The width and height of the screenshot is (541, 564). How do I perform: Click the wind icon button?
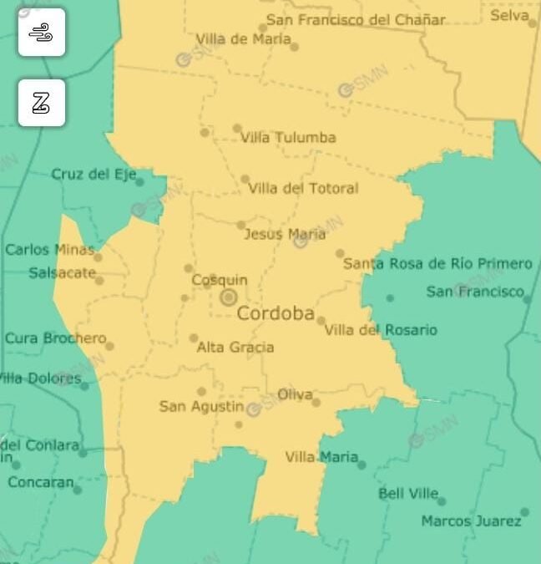coord(42,33)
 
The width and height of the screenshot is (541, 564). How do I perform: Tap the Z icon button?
coord(42,104)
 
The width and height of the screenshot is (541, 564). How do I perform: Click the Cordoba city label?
coord(276,314)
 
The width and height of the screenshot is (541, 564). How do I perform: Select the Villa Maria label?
coord(321,457)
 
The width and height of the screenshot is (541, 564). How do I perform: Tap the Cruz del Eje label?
coord(93,174)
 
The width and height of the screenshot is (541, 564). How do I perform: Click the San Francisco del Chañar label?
coord(356,20)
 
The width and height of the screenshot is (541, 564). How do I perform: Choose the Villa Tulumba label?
coord(288,138)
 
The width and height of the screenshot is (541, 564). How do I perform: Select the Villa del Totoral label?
coord(303,189)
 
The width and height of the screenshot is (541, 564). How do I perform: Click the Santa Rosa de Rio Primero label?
coord(437,264)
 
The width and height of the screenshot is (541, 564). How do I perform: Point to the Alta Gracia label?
coord(235,347)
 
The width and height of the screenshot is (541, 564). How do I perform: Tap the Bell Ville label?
coord(407,494)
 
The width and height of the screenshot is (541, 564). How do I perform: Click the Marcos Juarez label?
coord(471,521)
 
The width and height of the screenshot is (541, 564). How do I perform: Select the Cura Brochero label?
coord(56,338)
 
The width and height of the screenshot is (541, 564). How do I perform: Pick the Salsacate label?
coord(62,272)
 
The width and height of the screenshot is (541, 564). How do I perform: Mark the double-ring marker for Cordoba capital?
coord(228,297)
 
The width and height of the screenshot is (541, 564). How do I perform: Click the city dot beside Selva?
coord(533,23)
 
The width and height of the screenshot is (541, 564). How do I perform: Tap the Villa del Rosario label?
coord(380,330)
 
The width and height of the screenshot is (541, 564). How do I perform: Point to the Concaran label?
coord(41,482)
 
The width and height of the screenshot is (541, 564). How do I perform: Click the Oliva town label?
coord(295,394)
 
